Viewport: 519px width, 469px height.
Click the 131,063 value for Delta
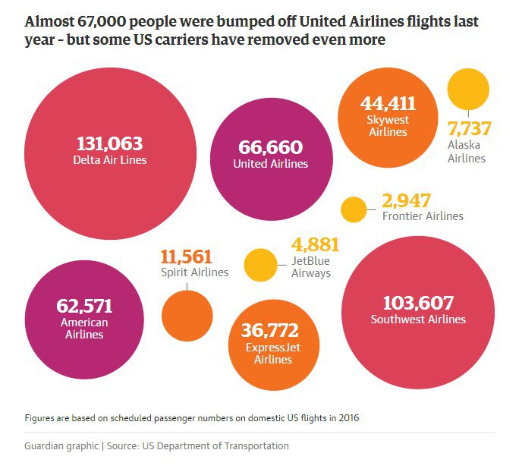pyautogui.click(x=110, y=143)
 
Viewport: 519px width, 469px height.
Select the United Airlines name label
pyautogui.click(x=270, y=163)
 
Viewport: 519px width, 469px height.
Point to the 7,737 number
pyautogui.click(x=470, y=128)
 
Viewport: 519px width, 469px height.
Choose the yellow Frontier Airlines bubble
pyautogui.click(x=354, y=209)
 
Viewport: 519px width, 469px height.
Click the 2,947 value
pyautogui.click(x=407, y=201)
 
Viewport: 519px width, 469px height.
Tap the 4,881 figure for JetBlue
pyautogui.click(x=315, y=245)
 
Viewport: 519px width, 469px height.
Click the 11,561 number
pyautogui.click(x=186, y=257)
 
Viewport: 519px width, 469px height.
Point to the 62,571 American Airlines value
pyautogui.click(x=84, y=306)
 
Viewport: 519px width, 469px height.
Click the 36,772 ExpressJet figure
pyautogui.click(x=269, y=331)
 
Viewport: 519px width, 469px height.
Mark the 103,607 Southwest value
pyautogui.click(x=418, y=303)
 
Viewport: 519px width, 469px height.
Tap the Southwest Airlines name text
pyautogui.click(x=418, y=319)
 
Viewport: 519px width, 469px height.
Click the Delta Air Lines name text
pyautogui.click(x=110, y=160)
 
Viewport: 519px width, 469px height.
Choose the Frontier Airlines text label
pyautogui.click(x=423, y=216)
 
